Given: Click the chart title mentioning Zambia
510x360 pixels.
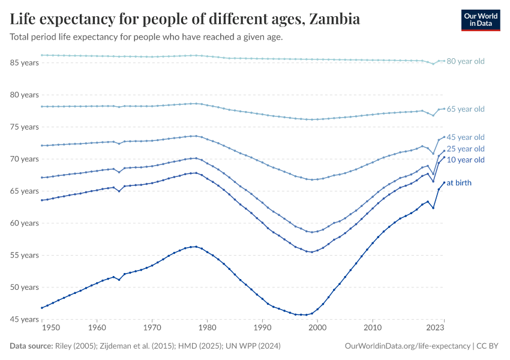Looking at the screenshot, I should click(185, 19).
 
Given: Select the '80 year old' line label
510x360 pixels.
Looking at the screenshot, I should click(466, 61).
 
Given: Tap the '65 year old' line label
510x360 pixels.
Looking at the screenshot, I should click(466, 109).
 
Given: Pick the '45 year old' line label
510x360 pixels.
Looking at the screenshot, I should click(466, 137).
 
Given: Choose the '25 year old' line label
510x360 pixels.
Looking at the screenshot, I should click(466, 149).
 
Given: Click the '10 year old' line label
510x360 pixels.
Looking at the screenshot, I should click(466, 160).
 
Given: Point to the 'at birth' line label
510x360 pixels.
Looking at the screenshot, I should click(459, 182).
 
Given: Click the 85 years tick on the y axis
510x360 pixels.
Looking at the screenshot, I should click(24, 62).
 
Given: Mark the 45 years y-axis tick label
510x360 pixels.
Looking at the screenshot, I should click(24, 319).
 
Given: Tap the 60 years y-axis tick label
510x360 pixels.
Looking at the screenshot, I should click(24, 223).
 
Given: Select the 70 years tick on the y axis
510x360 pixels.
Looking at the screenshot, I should click(24, 159).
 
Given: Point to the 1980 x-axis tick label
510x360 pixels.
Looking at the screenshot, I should click(207, 328).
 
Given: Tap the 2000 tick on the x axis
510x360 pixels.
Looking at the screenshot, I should click(317, 328).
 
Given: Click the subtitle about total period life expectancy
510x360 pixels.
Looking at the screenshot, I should click(146, 37).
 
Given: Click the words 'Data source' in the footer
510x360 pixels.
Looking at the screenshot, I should click(31, 346).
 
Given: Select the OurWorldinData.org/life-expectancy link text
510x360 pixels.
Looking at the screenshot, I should click(408, 346).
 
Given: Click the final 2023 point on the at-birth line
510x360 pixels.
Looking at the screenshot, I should click(443, 182).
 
